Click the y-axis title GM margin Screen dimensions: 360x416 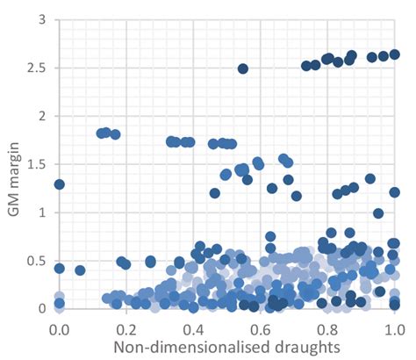pos(15,163)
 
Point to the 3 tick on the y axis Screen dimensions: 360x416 pos(41,19)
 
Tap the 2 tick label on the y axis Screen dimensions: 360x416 pos(41,116)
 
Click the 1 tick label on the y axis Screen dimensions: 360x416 pos(41,212)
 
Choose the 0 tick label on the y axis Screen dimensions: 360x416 pos(41,309)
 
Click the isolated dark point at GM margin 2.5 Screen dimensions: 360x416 pos(243,68)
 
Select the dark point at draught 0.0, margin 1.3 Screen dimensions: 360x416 pos(60,184)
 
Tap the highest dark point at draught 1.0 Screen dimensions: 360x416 pos(394,54)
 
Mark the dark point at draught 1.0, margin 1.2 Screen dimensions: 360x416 pos(394,192)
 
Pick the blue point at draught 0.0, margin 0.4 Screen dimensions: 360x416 pos(60,269)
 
